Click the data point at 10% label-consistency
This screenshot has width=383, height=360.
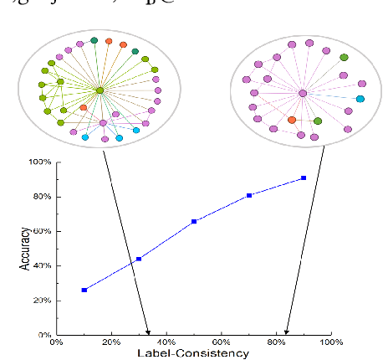pos(84,290)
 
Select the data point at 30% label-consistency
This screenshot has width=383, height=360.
pos(139,259)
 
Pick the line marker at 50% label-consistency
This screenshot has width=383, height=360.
pos(194,221)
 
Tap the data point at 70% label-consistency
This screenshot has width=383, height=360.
pos(249,195)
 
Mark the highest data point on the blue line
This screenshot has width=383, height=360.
pos(304,177)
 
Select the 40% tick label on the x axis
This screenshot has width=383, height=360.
pos(166,342)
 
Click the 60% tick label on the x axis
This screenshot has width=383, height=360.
pos(222,342)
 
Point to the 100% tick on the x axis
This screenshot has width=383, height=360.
pos(330,342)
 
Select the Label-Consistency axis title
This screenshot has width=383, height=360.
pos(195,353)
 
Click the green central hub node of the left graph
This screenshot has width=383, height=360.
pos(100,90)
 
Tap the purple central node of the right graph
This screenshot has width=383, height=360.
pos(303,93)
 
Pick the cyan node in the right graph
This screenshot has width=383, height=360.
pos(360,99)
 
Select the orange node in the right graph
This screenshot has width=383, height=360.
pos(291,120)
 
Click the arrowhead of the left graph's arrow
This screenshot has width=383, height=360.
pos(148,332)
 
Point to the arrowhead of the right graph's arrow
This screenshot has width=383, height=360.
pos(287,332)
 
